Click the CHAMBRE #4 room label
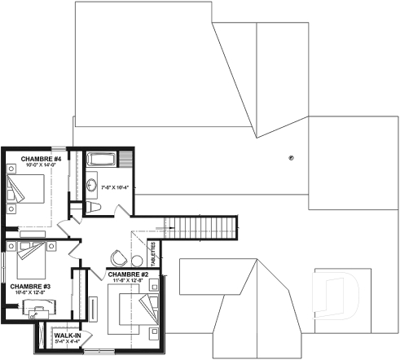[37, 158]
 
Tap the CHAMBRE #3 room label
[31, 286]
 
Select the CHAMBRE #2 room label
[128, 274]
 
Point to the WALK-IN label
[67, 335]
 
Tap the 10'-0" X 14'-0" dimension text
[37, 165]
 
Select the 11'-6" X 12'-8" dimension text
[128, 281]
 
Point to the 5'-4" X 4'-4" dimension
[67, 341]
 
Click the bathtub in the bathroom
[103, 159]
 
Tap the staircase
[199, 226]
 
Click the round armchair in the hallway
[118, 257]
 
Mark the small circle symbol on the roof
[290, 156]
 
